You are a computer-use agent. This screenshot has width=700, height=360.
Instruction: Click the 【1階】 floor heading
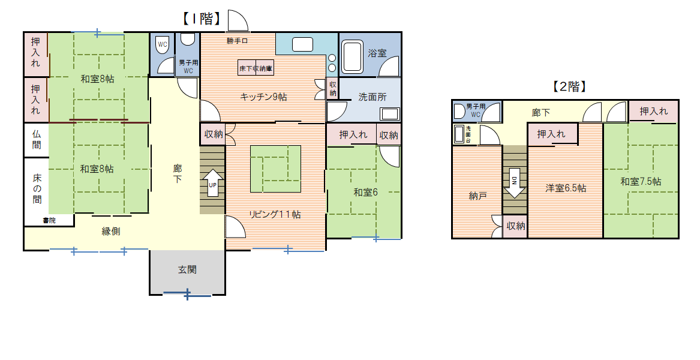[x=202, y=19]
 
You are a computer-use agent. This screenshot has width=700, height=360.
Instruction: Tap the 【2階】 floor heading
[x=569, y=86]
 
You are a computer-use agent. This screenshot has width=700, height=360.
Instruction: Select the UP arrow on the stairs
[x=212, y=182]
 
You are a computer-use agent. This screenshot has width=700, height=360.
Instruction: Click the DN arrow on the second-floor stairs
[x=515, y=183]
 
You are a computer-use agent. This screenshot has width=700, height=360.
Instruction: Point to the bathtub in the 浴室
[x=352, y=57]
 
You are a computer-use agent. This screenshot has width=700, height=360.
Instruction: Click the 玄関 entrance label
[x=187, y=270]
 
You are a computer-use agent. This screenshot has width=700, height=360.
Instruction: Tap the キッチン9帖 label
[x=263, y=97]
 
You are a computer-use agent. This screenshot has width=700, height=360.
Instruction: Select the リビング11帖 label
[x=275, y=214]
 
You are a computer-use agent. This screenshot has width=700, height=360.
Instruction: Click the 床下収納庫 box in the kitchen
[x=256, y=68]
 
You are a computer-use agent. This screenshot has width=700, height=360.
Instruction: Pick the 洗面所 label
[x=372, y=97]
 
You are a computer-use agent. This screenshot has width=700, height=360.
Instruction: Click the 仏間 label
[x=37, y=140]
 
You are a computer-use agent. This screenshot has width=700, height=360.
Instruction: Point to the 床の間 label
[x=37, y=188]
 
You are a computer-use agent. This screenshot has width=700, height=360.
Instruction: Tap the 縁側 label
[x=111, y=232]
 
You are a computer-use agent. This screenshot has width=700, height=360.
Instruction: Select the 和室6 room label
[x=366, y=193]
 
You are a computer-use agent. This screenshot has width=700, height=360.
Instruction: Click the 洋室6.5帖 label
[x=566, y=188]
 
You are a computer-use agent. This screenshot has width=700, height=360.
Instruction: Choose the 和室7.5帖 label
[x=641, y=182]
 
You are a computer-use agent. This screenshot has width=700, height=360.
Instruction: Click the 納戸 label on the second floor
[x=477, y=196]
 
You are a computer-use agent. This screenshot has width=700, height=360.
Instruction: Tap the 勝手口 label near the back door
[x=237, y=41]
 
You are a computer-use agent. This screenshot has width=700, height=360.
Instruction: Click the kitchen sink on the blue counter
[x=303, y=44]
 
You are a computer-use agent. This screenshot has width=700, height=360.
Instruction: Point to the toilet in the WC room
[x=163, y=45]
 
